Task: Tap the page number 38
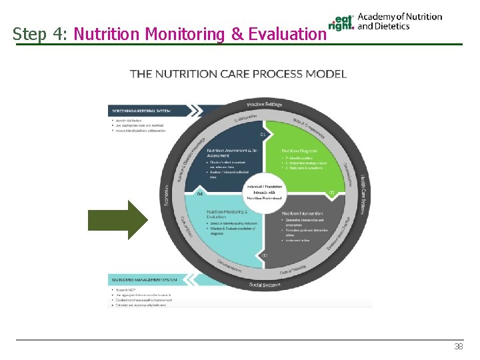458,347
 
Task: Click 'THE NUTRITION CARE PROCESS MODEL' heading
238,73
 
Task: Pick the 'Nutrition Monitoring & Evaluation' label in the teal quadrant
227,213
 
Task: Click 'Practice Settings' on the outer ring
265,104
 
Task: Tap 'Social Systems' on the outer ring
264,285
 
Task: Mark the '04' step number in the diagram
200,194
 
